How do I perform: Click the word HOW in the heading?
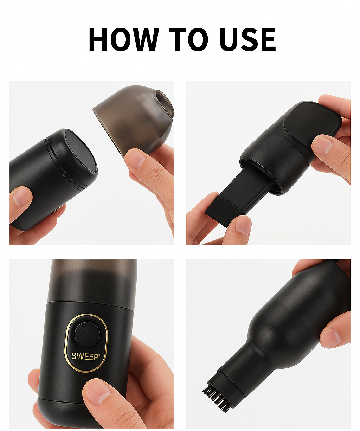124,39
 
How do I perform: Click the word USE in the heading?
247,39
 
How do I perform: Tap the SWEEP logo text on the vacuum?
85,356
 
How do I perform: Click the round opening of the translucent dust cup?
165,103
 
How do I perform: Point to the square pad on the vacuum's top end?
312,120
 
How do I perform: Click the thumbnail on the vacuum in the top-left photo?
20,198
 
